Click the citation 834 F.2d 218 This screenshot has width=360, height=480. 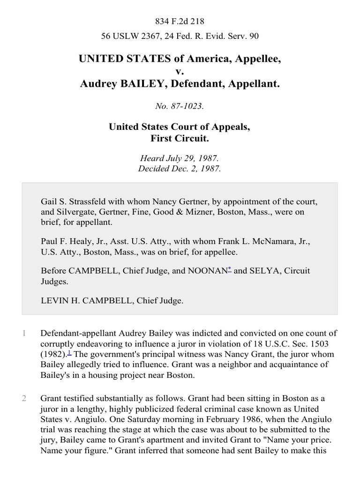[x=180, y=22]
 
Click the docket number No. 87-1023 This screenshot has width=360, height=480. [x=180, y=106]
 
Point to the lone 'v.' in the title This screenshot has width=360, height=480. [x=180, y=72]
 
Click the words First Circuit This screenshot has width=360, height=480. [x=180, y=138]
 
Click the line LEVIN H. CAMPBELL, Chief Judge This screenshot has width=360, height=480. [x=112, y=301]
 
